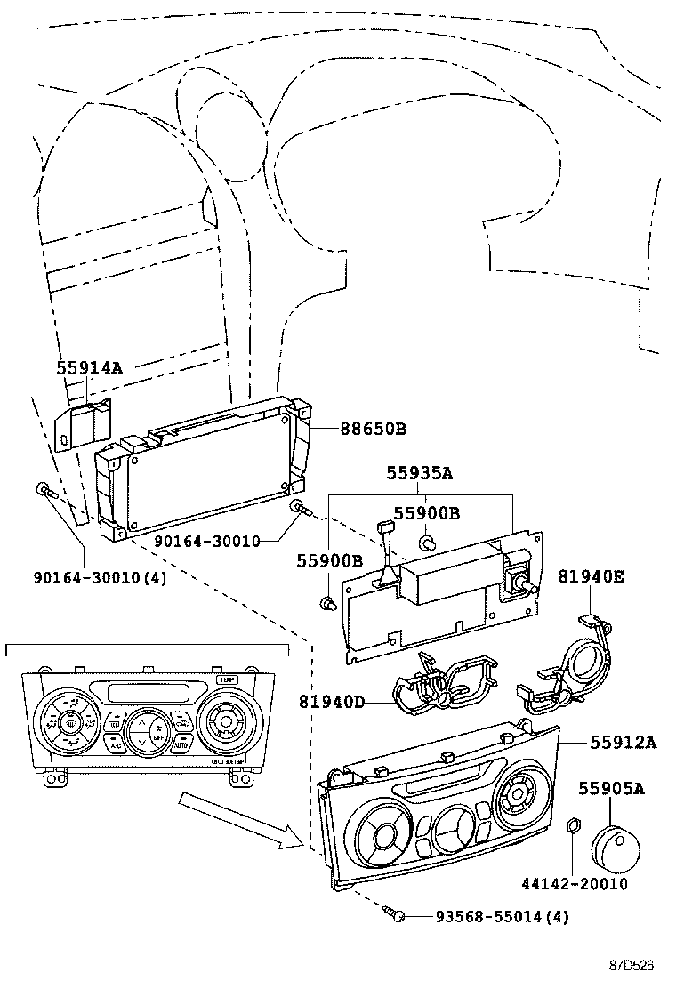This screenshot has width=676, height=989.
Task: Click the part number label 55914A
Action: click(89, 366)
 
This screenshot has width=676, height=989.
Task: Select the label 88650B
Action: click(373, 429)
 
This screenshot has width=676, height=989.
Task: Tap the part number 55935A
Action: click(419, 475)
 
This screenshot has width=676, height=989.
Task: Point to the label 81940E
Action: click(591, 576)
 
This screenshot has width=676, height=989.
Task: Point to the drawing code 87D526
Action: click(631, 965)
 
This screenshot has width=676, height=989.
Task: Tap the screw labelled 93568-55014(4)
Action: click(397, 913)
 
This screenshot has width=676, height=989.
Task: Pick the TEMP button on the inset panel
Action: click(225, 679)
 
